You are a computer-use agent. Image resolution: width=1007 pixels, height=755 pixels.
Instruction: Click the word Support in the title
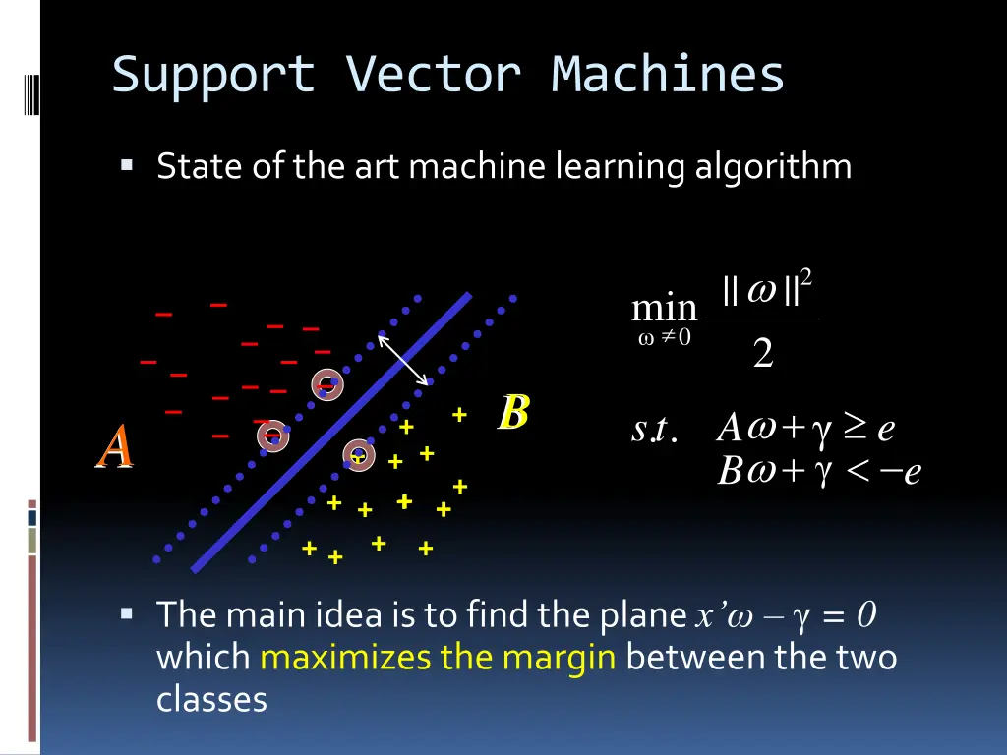213,76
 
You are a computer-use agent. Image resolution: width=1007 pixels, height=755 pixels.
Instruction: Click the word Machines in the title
668,76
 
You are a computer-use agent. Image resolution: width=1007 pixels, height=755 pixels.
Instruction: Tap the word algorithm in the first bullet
773,166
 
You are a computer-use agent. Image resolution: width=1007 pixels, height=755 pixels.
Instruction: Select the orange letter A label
114,447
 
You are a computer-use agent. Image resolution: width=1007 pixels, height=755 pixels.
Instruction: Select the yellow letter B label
513,413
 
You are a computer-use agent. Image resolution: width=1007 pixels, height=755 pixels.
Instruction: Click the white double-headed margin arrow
403,361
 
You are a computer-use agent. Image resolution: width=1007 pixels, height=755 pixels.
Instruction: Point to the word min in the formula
664,309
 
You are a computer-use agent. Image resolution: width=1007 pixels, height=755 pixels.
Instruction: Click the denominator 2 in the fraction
762,355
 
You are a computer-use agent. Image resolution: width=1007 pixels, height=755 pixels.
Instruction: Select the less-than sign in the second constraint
854,473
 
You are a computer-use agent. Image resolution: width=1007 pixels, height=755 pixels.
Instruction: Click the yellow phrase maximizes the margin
438,657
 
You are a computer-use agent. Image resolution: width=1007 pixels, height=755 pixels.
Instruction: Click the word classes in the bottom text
211,699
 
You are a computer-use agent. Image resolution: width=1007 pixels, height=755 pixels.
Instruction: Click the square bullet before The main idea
127,614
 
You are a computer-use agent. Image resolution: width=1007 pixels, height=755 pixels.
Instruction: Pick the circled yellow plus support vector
358,455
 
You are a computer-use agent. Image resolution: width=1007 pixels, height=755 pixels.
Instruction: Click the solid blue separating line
330,433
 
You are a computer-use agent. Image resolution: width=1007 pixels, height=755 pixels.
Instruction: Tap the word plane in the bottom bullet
640,615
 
